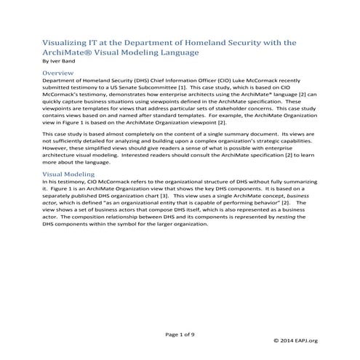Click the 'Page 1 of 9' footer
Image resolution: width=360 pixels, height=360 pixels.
coord(180,334)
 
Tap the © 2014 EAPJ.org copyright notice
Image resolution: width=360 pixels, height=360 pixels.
coord(297,340)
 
